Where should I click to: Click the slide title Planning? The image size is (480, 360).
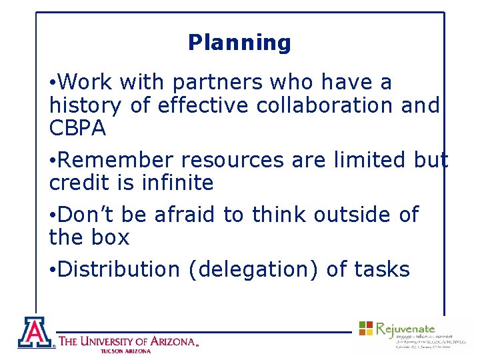239,43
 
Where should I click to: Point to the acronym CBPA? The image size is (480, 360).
77,128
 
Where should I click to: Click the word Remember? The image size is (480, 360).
117,160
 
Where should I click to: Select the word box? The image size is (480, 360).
109,237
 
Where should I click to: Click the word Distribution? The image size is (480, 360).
119,269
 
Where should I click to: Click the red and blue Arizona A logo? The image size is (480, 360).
36,333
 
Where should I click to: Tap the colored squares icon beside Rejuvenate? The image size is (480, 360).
366,328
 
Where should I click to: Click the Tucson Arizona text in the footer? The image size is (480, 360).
126,351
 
